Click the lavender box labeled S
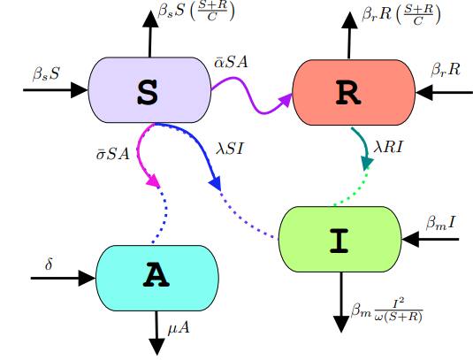[149, 89]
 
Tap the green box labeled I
[339, 239]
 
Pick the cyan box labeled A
[156, 277]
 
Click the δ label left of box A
[50, 264]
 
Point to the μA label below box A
[179, 329]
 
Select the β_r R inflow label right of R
[446, 69]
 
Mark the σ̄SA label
[112, 153]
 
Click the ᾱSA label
[233, 63]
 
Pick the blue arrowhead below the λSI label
[213, 181]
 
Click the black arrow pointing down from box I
[340, 301]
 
